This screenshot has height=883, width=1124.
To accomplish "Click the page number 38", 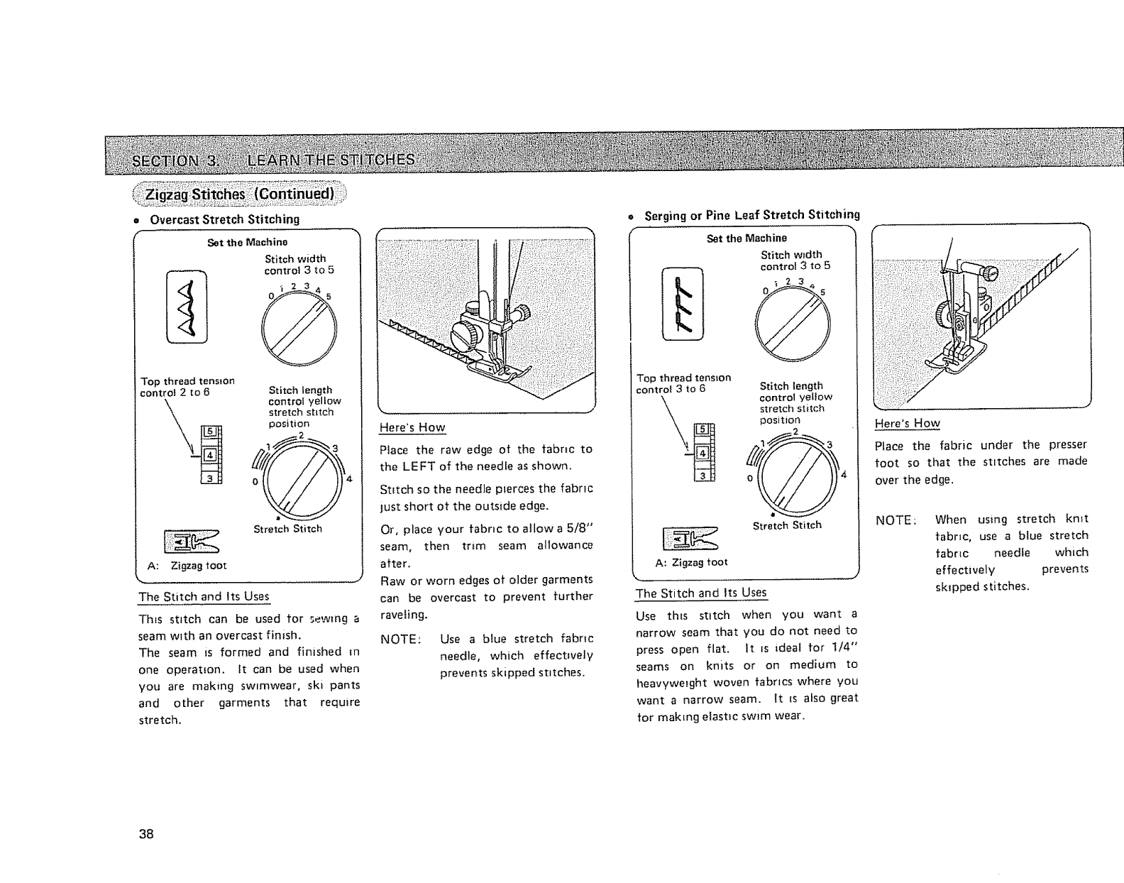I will coord(146,833).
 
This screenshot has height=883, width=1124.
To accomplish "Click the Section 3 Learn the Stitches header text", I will coord(273,158).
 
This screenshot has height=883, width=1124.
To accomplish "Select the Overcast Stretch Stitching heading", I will coord(224,219).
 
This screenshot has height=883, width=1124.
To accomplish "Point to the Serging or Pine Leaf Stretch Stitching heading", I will coord(751,214).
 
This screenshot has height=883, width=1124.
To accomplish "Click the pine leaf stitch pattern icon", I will coord(681,303).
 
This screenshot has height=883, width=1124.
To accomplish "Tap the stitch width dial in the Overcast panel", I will coord(299,329).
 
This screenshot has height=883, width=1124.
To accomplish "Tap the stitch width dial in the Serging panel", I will coord(793,325).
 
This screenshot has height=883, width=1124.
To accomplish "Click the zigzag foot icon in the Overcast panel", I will coord(192,542).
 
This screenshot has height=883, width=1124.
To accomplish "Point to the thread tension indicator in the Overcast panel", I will coord(211,455).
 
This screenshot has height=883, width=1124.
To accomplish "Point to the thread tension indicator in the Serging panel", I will coord(705,451).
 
